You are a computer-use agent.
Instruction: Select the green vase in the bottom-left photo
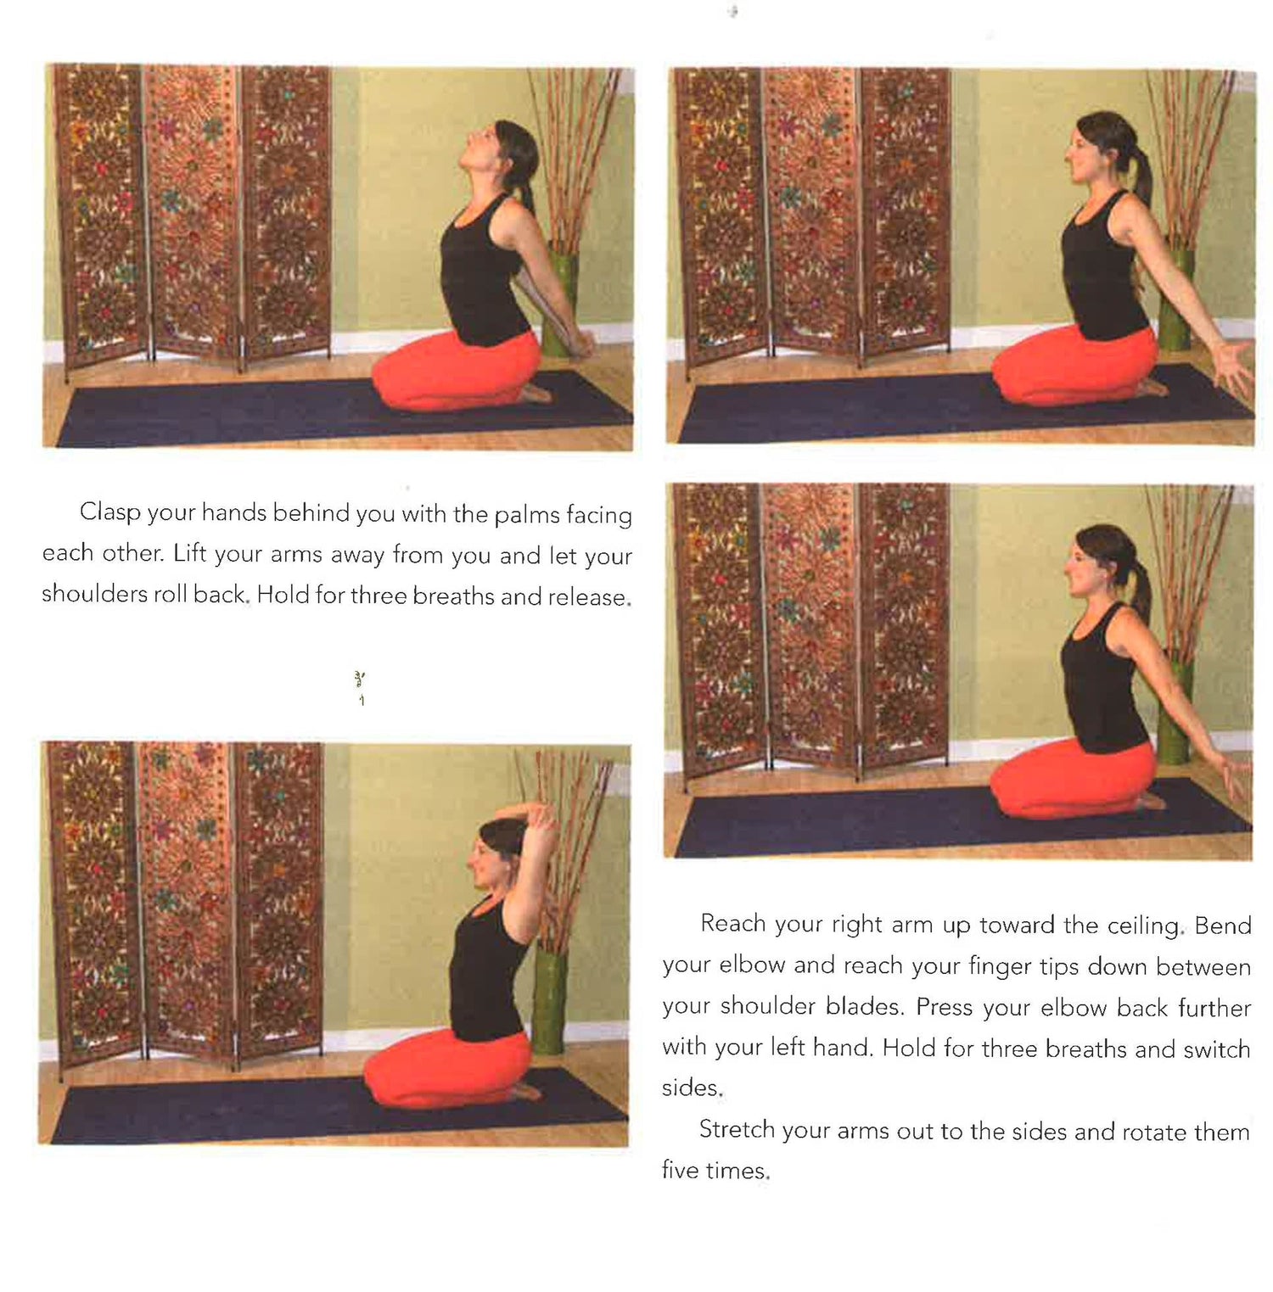pos(550,1001)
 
